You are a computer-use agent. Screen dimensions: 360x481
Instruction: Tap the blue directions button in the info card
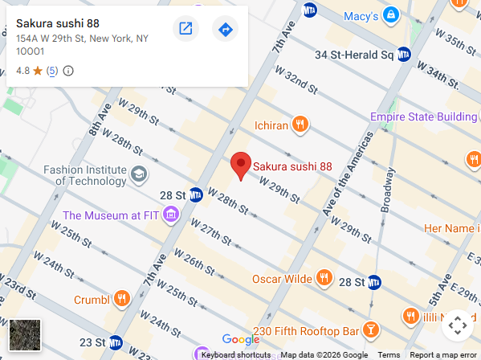[225, 30]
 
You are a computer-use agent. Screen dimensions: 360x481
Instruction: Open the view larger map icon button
[185, 30]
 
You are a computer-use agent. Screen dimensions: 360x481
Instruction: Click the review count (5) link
[52, 71]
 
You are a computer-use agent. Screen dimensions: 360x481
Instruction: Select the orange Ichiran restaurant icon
[300, 124]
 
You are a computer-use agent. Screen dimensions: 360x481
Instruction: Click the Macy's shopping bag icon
[390, 15]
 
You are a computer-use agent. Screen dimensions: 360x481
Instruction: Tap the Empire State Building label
[423, 117]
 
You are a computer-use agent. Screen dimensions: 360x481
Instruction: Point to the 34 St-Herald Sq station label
[354, 55]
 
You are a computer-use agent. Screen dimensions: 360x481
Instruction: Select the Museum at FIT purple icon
[169, 215]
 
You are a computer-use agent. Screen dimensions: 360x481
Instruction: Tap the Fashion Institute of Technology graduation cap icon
[139, 174]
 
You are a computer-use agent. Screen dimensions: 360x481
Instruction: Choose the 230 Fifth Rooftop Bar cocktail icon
[371, 329]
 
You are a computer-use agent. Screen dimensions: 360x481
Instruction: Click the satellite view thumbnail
[25, 335]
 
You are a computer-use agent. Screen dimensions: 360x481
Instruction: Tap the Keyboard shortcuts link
[235, 354]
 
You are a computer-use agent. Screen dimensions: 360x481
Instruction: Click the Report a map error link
[442, 354]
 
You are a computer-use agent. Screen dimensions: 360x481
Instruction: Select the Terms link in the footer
[389, 354]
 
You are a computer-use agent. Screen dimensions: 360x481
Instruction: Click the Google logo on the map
[241, 339]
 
